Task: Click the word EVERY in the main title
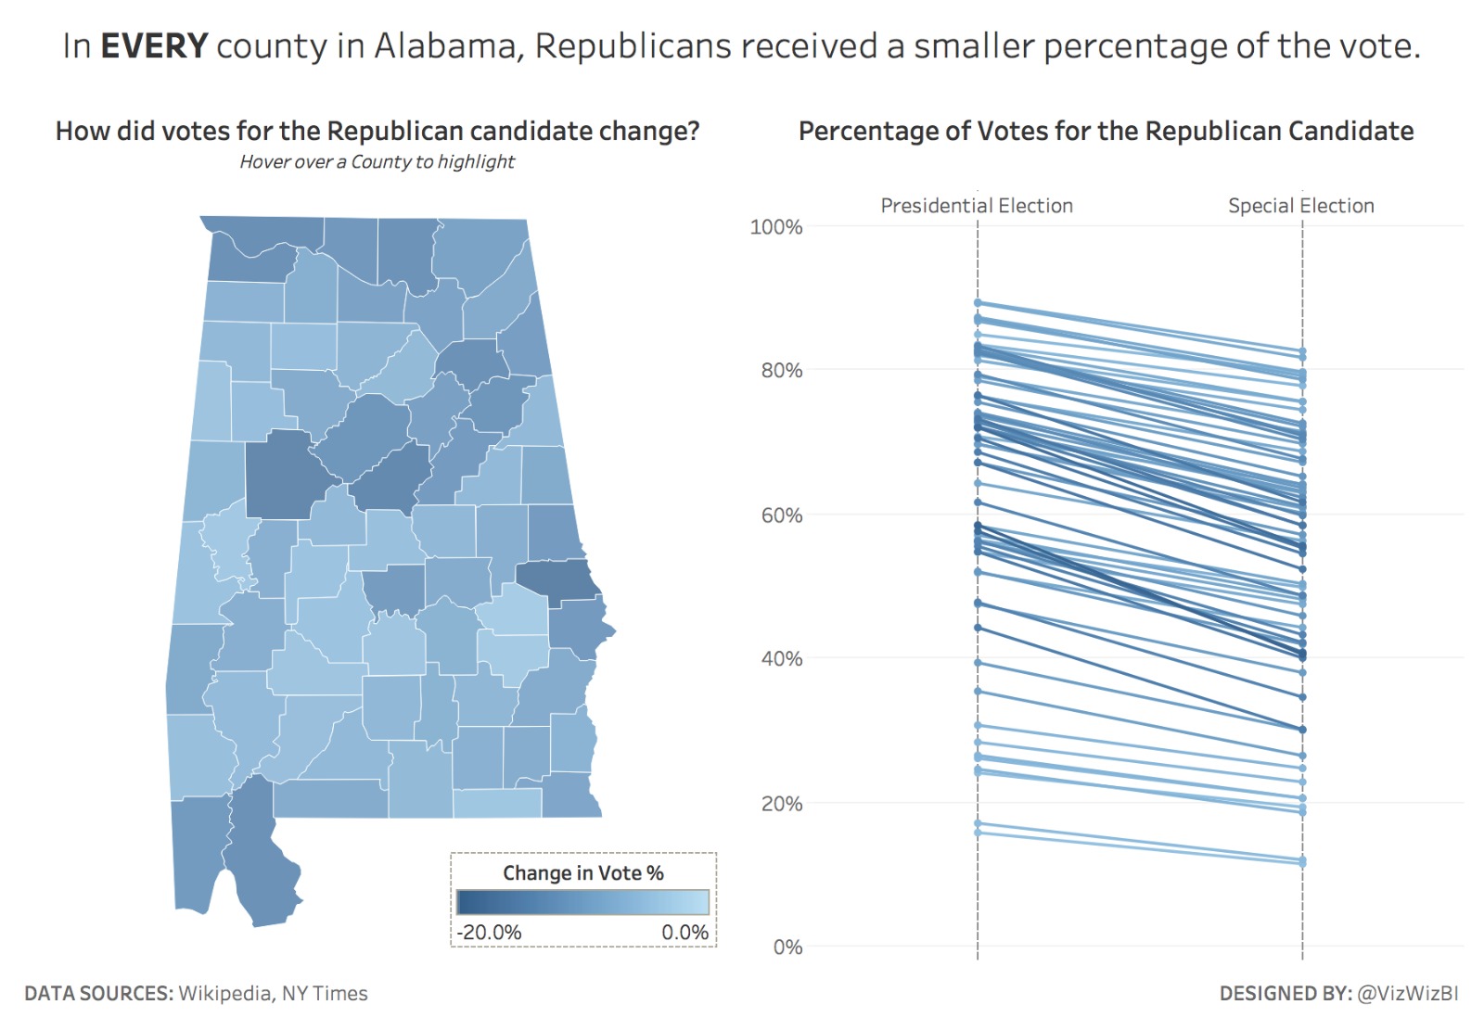153,46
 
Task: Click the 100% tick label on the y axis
775,227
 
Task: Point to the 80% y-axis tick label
781,371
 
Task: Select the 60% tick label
781,515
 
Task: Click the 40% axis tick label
781,659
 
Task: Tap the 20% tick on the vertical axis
781,804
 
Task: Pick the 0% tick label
787,947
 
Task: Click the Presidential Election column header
976,206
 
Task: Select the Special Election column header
1300,206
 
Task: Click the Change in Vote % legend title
582,873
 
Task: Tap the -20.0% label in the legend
489,933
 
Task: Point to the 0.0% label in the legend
684,933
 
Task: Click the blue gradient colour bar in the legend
582,902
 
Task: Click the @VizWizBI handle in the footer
1407,994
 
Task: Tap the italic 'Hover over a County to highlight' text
377,162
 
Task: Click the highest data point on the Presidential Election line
978,303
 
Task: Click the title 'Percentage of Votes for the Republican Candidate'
1106,132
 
